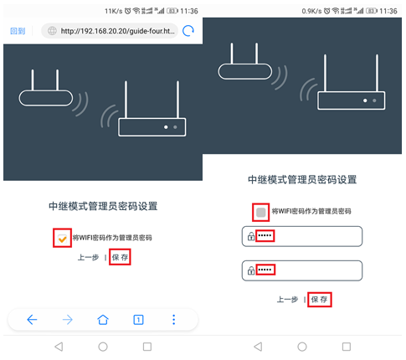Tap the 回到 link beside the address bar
[x=18, y=31]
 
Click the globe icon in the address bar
[x=53, y=31]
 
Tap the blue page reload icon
[x=188, y=31]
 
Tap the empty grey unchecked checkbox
[x=261, y=211]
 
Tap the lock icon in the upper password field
[x=250, y=238]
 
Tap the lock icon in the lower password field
[x=250, y=270]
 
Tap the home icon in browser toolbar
[x=103, y=320]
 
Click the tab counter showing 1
[x=138, y=320]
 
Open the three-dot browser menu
[x=174, y=320]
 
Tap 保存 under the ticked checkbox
[x=121, y=259]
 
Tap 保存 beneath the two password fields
[x=319, y=299]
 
